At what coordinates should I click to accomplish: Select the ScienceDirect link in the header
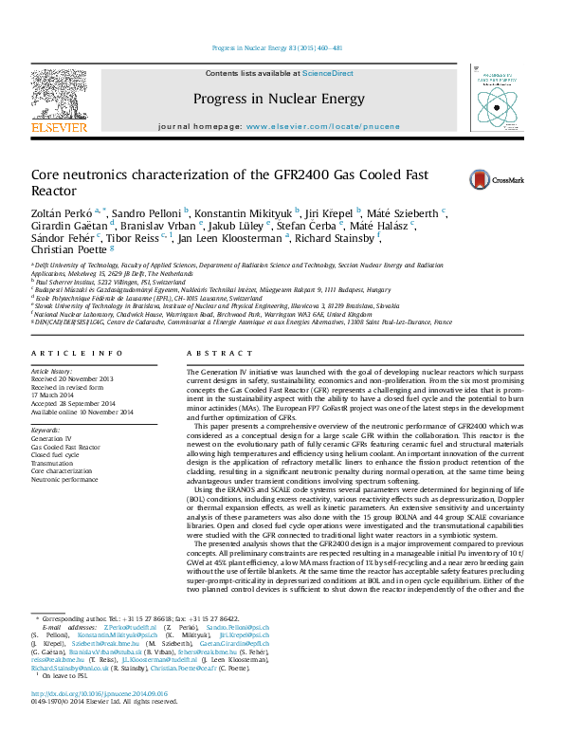(x=328, y=73)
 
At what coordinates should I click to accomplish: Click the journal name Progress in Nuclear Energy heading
(x=278, y=99)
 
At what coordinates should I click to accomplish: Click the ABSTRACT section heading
(x=208, y=352)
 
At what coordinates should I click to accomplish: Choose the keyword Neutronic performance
(x=66, y=477)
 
